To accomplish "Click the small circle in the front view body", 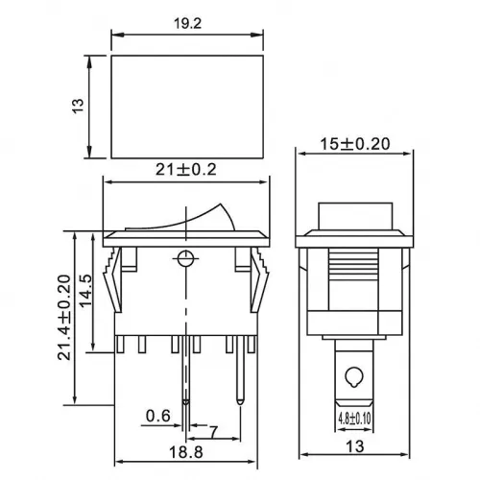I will click(184, 256).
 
